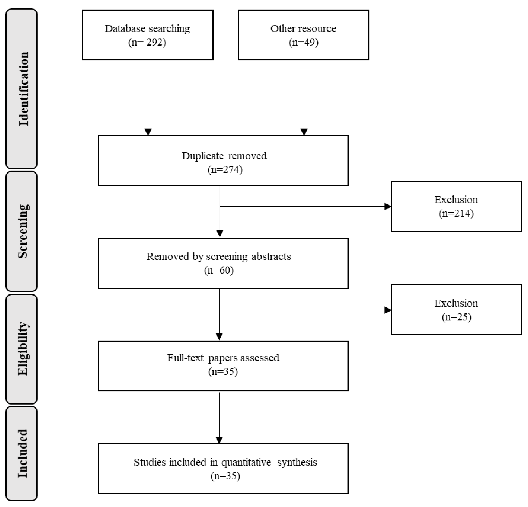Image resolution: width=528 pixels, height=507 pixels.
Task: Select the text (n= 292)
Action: point(147,42)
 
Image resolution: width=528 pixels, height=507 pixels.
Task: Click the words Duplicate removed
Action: point(224,156)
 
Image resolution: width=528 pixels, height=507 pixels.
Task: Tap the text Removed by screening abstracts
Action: point(219,256)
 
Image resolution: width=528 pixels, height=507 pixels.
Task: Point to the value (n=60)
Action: point(219,270)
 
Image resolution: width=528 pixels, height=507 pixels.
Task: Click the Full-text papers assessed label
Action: point(223,358)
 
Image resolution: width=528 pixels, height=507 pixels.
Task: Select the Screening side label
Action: point(23,231)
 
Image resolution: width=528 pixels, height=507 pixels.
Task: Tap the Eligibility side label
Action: point(23,349)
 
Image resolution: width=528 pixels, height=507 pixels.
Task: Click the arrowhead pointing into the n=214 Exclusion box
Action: point(387,206)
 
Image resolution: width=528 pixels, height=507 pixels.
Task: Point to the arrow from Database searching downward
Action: point(148,97)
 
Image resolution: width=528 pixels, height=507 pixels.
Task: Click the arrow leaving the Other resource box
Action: point(304,97)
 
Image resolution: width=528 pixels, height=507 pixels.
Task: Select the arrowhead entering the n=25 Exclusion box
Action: point(387,310)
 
